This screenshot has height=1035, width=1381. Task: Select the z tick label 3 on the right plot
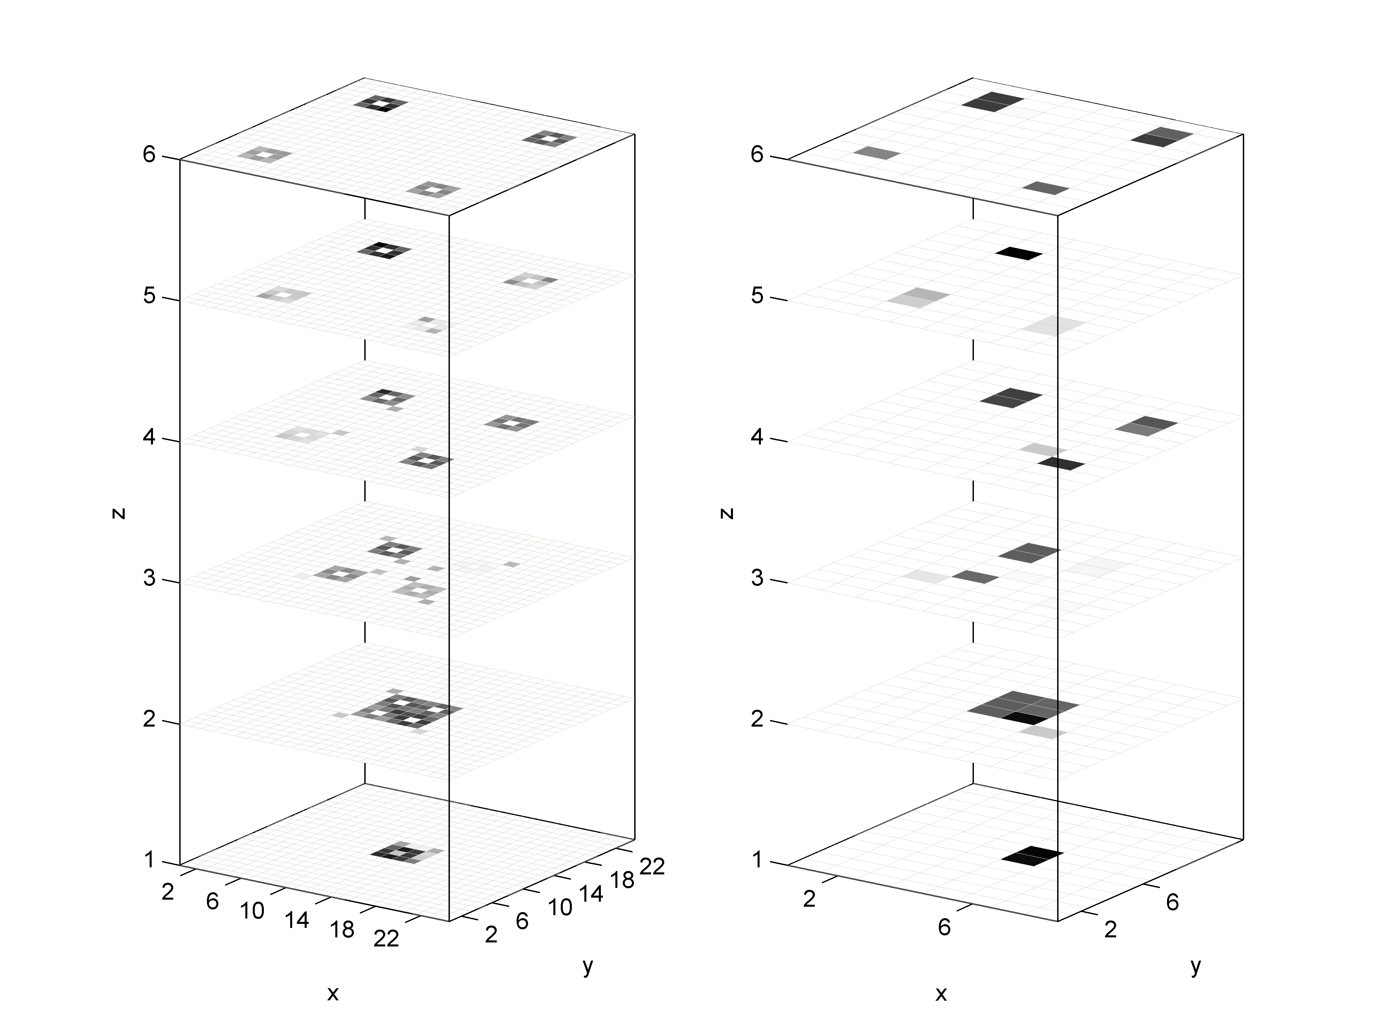(757, 578)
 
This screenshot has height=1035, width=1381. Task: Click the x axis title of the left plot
(333, 993)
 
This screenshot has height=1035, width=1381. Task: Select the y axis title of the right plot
(1196, 966)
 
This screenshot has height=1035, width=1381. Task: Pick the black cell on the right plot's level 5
(1019, 253)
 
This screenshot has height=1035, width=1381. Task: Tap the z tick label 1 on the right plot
(757, 860)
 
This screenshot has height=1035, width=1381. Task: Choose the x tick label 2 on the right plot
(809, 899)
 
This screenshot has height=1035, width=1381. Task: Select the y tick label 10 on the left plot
(560, 908)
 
